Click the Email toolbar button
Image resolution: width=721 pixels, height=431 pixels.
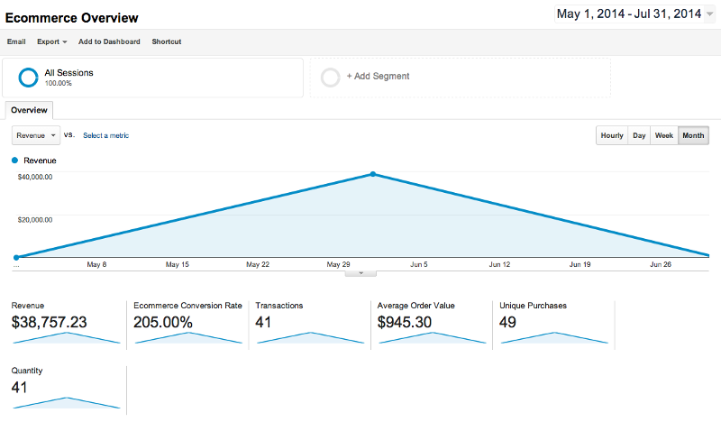16,41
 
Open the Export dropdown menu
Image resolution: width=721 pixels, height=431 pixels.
51,41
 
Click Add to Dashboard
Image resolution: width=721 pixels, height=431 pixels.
109,41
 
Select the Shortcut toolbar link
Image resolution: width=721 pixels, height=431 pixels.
166,41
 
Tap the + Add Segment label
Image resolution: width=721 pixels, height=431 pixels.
378,77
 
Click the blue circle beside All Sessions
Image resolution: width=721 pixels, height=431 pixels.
28,78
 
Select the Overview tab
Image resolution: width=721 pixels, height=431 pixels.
29,110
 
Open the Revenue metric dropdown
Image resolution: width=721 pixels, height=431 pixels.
36,135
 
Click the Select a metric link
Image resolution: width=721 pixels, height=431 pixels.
105,135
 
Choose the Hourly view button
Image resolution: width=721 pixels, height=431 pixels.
612,135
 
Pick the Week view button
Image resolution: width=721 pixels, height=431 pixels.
664,135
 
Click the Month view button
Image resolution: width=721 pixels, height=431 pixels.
693,135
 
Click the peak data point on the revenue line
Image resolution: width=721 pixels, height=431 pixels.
373,174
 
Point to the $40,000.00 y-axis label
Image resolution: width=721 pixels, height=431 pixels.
35,177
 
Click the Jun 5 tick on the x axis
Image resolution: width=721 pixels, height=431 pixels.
419,265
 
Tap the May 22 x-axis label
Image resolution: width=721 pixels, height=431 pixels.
258,265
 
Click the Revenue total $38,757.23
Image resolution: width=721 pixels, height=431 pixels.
49,322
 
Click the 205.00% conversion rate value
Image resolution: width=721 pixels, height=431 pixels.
163,322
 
